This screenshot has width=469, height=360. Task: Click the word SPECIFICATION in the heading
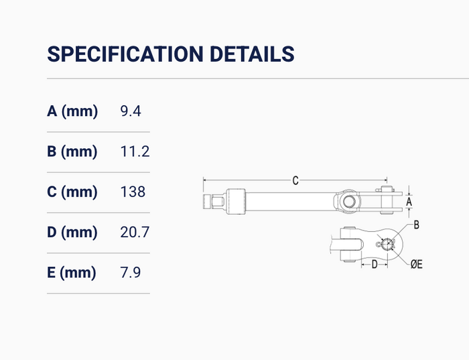[x=125, y=54]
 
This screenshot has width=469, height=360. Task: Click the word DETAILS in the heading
[x=252, y=54]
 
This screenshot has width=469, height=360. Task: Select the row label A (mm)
[x=72, y=111]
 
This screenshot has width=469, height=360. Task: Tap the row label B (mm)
[x=72, y=152]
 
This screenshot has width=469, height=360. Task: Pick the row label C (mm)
[x=72, y=192]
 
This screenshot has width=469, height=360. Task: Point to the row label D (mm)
[x=72, y=232]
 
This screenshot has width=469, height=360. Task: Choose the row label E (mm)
[x=72, y=273]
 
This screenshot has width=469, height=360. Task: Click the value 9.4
[x=131, y=111]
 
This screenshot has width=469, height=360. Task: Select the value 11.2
[x=135, y=152]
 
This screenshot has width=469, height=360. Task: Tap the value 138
[x=133, y=192]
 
